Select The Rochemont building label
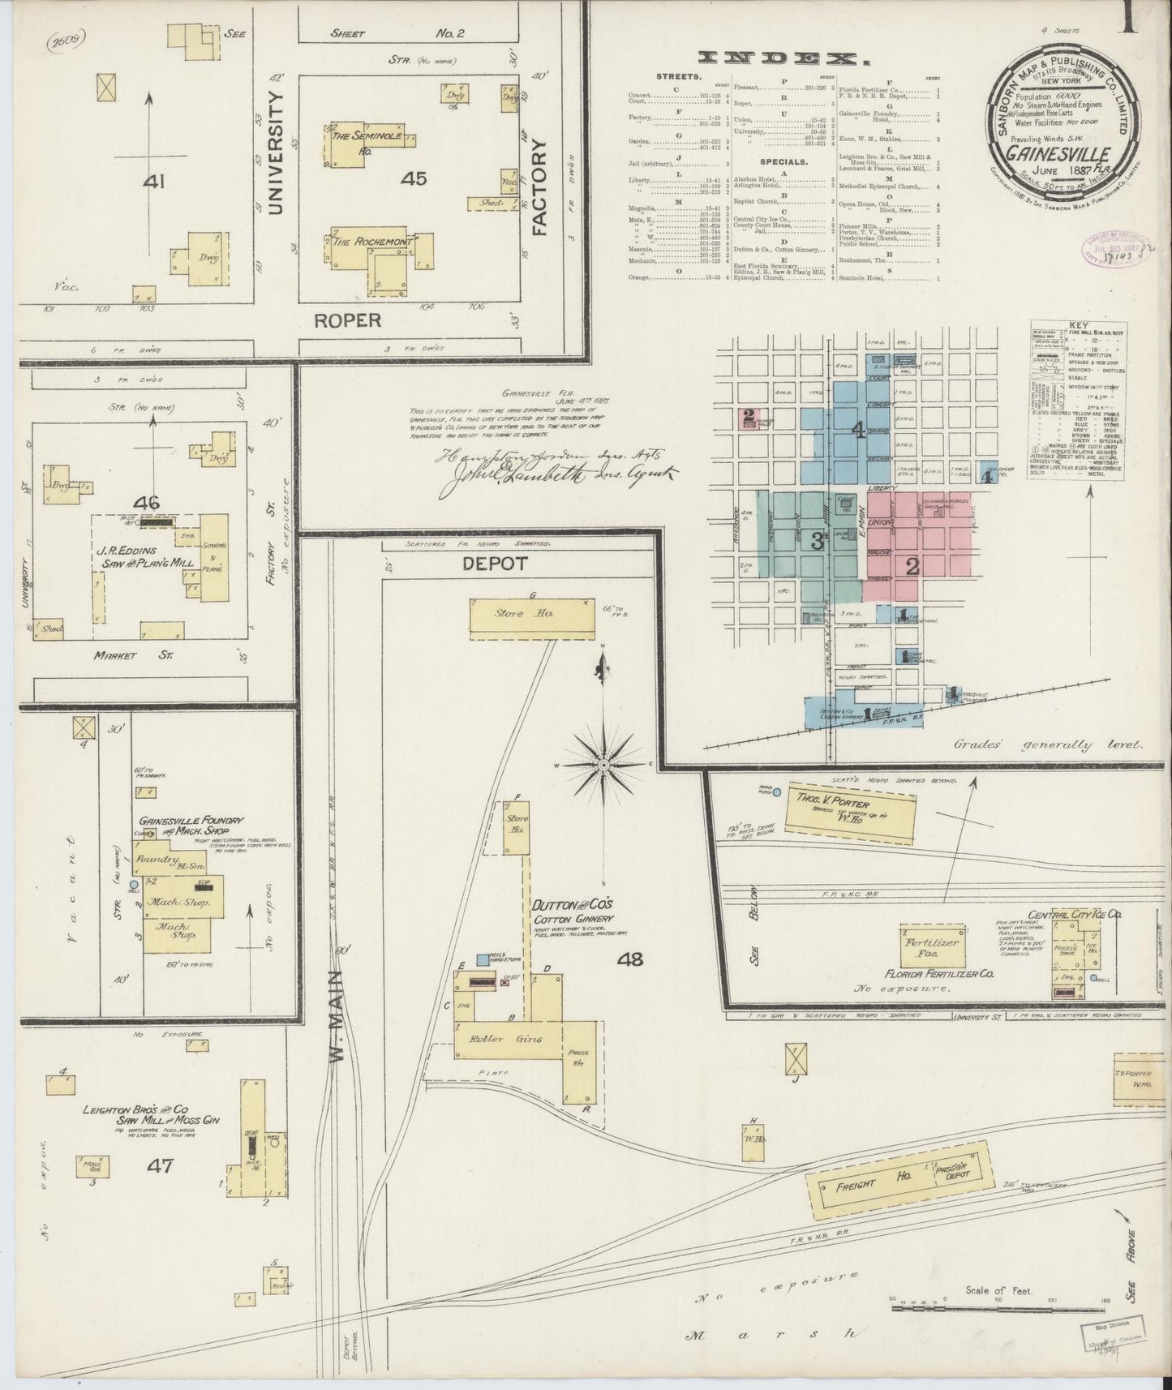tap(371, 242)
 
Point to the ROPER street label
tap(347, 320)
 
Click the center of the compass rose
tap(604, 764)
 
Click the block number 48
tap(629, 959)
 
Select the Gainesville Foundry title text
tap(191, 826)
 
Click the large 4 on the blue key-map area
tap(856, 431)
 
